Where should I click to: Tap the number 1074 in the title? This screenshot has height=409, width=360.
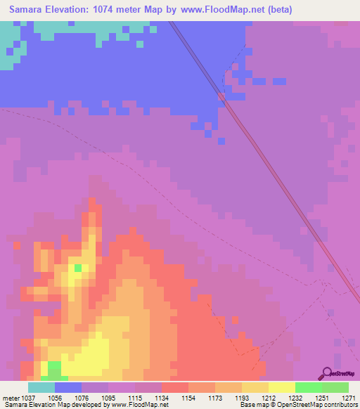(x=115, y=9)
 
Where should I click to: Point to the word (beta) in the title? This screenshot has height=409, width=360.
(x=275, y=9)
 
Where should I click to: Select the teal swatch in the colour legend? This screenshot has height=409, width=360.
(x=41, y=387)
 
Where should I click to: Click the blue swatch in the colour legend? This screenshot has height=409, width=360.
(x=68, y=387)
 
